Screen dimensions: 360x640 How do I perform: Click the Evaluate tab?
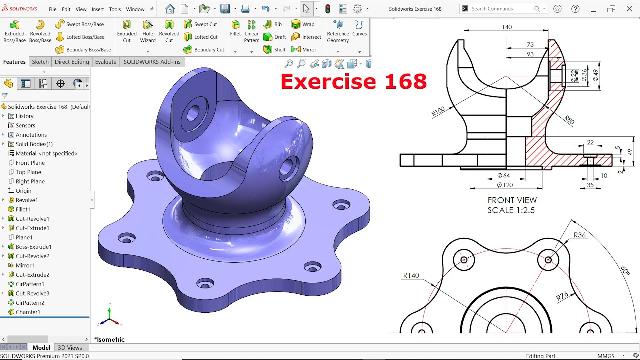click(105, 62)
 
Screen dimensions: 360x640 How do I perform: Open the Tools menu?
click(115, 9)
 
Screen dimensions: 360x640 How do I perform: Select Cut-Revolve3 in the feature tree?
click(32, 293)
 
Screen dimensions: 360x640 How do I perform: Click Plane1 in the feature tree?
click(24, 237)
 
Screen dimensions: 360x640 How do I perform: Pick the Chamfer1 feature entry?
click(28, 312)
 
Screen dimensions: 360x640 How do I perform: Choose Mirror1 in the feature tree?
click(25, 265)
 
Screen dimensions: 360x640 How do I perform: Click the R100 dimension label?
click(438, 112)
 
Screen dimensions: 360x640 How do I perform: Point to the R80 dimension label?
click(569, 119)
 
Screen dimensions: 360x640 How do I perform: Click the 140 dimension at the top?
click(507, 27)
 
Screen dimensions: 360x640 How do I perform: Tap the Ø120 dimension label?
click(505, 185)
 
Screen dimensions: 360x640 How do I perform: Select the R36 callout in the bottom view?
click(580, 235)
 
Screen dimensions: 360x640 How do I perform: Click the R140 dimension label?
click(411, 275)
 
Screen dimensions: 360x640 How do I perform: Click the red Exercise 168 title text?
click(353, 81)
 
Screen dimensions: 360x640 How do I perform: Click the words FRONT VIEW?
click(512, 200)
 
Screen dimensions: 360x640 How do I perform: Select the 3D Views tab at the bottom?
click(70, 348)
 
